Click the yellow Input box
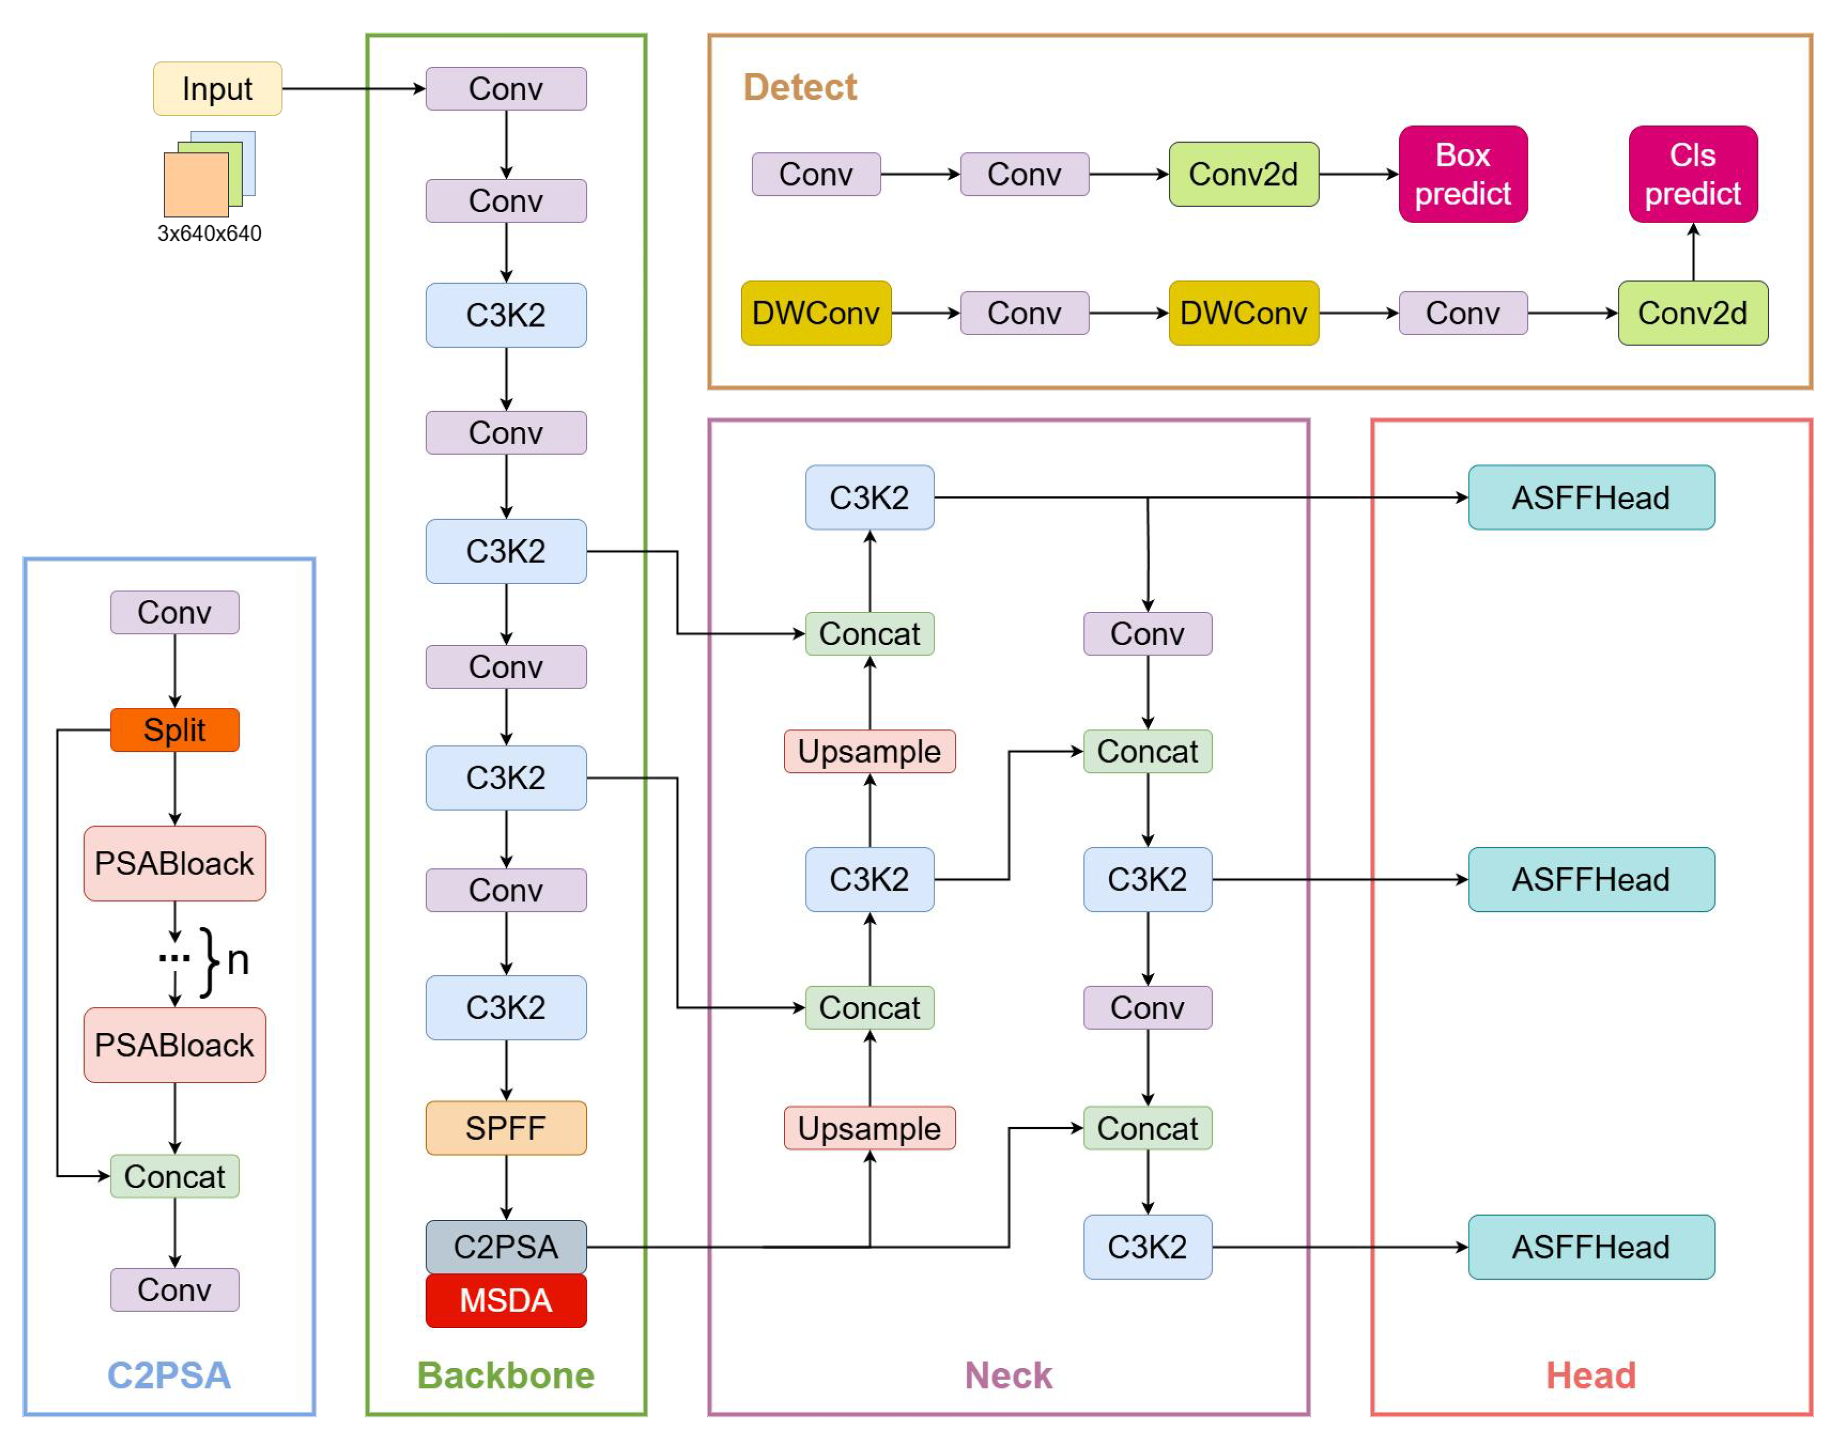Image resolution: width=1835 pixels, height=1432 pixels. tap(217, 89)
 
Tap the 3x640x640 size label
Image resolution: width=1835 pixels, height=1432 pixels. tap(209, 233)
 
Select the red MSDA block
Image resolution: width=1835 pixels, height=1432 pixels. tap(506, 1300)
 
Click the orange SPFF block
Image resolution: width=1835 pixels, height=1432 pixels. tap(506, 1128)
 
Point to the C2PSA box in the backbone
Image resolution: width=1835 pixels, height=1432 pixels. tap(506, 1246)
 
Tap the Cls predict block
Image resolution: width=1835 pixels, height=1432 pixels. tap(1692, 175)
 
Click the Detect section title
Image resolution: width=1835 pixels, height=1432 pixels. tap(800, 87)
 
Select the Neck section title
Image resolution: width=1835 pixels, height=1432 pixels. tap(1008, 1376)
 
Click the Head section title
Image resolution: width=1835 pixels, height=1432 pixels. tap(1590, 1376)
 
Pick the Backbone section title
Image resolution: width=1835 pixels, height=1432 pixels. tap(506, 1376)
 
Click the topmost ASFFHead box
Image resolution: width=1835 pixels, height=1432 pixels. tap(1590, 498)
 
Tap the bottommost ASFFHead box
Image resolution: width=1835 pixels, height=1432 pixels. tap(1590, 1247)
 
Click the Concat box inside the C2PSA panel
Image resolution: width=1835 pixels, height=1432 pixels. tap(175, 1176)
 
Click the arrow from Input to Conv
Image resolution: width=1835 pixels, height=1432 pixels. tap(353, 89)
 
